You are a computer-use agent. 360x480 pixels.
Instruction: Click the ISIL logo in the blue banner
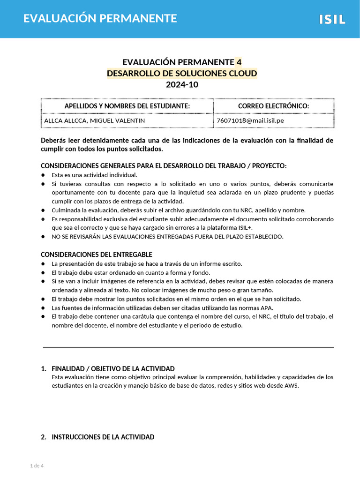332,19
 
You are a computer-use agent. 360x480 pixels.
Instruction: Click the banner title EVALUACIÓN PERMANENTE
100,18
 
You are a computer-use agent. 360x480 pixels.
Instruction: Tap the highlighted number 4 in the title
239,62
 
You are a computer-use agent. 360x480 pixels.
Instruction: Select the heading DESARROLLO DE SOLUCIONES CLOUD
182,74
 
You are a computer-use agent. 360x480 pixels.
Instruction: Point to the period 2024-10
182,85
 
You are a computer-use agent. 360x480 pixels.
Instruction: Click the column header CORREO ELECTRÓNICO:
273,106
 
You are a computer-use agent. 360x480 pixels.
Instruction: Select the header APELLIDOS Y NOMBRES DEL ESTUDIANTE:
127,106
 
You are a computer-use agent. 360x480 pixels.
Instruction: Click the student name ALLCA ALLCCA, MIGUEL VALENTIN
94,120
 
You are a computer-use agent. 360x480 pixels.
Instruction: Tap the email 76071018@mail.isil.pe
250,120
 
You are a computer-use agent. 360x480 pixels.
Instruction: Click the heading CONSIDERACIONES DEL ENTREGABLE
97,255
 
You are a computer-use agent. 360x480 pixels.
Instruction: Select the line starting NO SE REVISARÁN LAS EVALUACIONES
167,237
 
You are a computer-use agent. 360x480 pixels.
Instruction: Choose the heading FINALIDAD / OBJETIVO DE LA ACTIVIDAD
113,369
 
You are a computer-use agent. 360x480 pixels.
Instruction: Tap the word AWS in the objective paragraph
291,386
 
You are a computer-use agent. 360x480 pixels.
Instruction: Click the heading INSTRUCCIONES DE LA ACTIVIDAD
103,437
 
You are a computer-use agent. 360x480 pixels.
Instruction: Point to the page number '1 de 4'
37,465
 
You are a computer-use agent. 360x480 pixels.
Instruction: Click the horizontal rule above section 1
188,347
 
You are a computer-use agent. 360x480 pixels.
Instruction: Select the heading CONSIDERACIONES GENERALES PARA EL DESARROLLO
164,166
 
